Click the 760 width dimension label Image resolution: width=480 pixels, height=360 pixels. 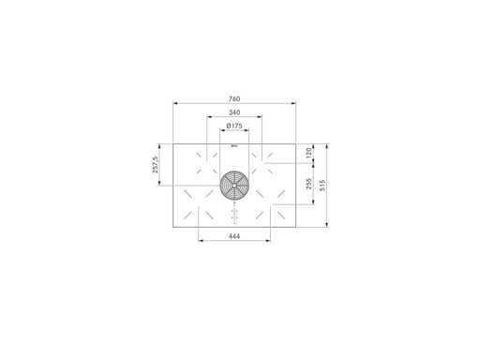pos(234,99)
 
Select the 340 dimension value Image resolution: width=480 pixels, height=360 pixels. pos(234,112)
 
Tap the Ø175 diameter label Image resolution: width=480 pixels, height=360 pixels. pos(234,126)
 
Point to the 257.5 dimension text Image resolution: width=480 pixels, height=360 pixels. pos(156,164)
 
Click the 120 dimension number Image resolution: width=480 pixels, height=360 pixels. pos(308,153)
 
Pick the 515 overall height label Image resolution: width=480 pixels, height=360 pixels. pos(322,185)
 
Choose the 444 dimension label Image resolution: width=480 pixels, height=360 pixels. pos(234,236)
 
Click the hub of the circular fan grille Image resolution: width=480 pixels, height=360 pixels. pos(234,185)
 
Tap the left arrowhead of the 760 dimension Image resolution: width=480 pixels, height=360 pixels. pos(175,103)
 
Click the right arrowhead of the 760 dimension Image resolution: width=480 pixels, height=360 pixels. pos(293,103)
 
